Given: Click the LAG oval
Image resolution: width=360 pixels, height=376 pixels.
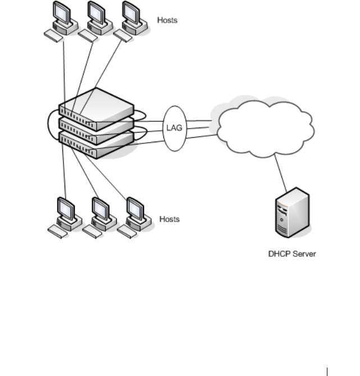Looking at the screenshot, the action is coord(175,129).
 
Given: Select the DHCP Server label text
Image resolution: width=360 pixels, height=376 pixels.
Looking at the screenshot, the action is coord(292,253).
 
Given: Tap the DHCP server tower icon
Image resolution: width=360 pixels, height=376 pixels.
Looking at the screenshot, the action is coord(292,212).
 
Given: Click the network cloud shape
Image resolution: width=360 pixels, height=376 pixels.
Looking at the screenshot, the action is coord(266,129).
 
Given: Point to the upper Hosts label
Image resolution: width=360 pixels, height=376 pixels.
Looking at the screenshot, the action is coord(167,20).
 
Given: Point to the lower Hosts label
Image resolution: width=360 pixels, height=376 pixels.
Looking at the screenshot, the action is coord(170,219).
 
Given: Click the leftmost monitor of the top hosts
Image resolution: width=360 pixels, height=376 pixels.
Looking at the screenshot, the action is coord(62,13).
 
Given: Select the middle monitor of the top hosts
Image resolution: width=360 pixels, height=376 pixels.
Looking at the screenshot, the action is coord(97,13).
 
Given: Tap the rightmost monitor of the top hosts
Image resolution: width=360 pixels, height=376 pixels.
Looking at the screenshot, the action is coord(131,13).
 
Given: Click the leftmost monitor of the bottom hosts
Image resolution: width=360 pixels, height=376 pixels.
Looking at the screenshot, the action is coord(66,209).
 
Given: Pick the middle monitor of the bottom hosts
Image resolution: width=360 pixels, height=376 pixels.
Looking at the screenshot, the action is coord(101,209).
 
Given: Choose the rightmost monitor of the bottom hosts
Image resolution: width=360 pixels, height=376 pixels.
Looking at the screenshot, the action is coord(135,209).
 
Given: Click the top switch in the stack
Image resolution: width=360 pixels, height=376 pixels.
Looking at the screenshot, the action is coord(97,109).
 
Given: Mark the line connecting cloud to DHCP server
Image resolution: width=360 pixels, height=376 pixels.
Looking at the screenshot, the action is coord(280,173).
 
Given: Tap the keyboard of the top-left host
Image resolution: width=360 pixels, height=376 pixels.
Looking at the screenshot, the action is coord(53,36).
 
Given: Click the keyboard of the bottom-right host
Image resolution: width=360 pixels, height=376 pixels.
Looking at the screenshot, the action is coord(127,232).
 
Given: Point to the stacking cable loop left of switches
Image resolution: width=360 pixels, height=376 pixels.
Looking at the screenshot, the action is coord(48,124).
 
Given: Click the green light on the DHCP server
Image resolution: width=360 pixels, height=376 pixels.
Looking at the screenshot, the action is coord(281,219).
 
